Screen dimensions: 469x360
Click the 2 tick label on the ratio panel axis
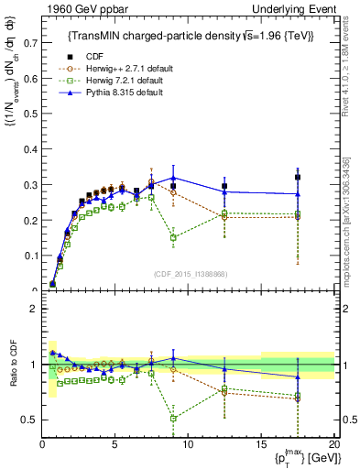tap(34, 308)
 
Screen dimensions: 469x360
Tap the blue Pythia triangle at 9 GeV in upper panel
tap(173, 178)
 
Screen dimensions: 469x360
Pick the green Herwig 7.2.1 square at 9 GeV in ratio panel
tap(173, 418)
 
